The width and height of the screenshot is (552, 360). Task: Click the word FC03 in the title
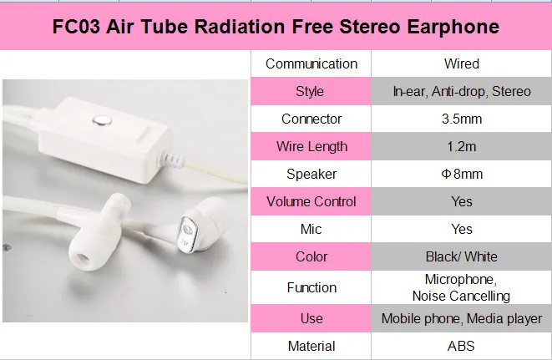pos(76,27)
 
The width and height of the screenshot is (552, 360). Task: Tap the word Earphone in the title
pos(453,27)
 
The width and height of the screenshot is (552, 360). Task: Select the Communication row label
pos(311,63)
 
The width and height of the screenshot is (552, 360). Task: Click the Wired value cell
pos(462,63)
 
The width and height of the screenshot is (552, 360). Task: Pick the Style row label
pos(310,92)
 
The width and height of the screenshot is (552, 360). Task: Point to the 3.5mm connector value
pos(462,119)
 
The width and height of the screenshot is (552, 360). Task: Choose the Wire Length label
pos(311,146)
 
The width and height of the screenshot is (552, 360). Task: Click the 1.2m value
pos(462,146)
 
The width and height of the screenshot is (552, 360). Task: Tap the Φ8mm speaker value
pos(462,174)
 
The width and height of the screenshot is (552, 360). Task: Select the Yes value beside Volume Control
pos(462,201)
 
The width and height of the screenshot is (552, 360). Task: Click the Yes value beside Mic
pos(462,229)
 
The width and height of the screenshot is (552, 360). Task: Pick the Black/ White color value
pos(462,256)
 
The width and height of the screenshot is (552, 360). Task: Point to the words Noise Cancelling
pos(461,296)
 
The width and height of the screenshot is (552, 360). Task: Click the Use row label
pos(311,319)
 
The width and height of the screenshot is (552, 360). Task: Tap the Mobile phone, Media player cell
pos(462,319)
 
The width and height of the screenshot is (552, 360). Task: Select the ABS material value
pos(461,347)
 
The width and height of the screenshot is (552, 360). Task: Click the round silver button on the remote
pos(103,121)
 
